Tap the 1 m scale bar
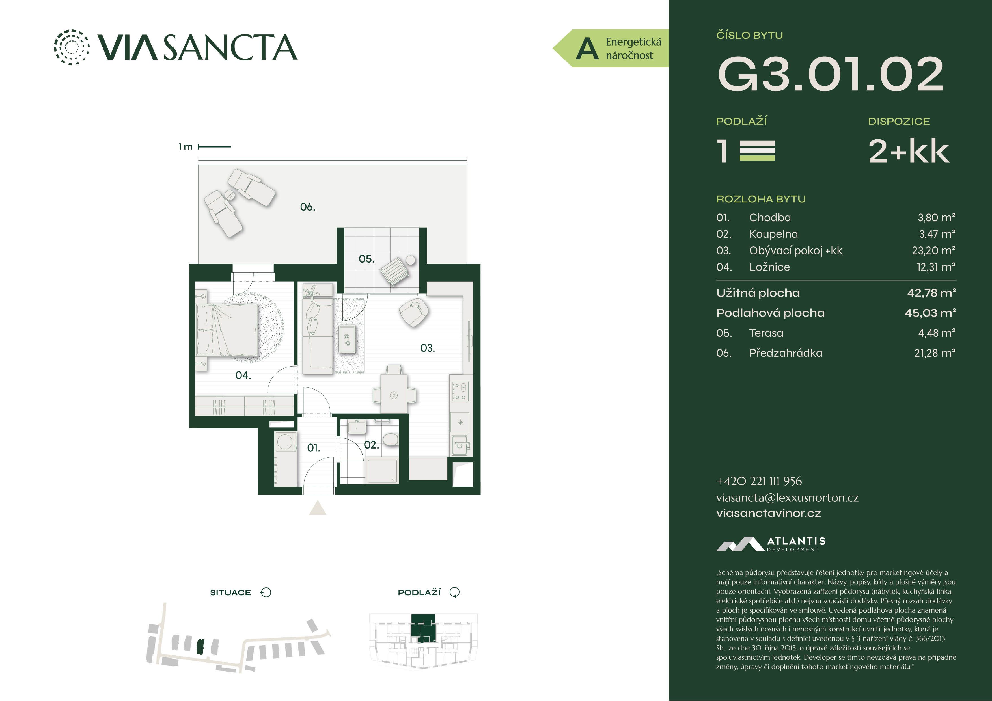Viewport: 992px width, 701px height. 214,146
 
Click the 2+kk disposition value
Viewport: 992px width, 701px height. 909,151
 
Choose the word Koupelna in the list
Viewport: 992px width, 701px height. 773,234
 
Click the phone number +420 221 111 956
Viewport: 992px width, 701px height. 759,481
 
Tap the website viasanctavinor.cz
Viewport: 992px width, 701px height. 768,513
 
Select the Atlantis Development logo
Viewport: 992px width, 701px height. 771,544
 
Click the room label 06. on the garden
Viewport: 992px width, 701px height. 308,207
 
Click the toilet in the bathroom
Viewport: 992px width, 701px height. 391,439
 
